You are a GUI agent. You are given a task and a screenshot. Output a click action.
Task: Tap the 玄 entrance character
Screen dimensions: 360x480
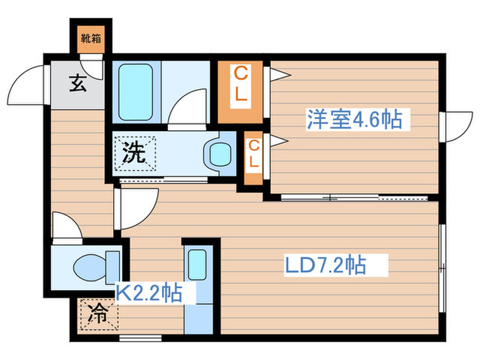(x=77, y=86)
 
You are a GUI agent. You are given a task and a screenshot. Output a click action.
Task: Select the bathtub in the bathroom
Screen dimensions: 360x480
(x=136, y=91)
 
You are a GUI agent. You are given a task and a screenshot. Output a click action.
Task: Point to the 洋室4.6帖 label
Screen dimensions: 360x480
(x=354, y=119)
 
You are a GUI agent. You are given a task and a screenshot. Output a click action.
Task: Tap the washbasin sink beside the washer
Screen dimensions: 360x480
(x=220, y=154)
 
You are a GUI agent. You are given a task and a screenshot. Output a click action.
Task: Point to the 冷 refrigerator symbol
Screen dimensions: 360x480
(x=98, y=316)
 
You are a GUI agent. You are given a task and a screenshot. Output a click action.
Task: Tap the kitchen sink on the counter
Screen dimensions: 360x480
(x=197, y=261)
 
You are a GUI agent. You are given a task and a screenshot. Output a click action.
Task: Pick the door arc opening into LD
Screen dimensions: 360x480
(x=137, y=206)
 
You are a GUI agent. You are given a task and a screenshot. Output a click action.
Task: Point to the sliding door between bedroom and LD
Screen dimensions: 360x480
(x=350, y=199)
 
